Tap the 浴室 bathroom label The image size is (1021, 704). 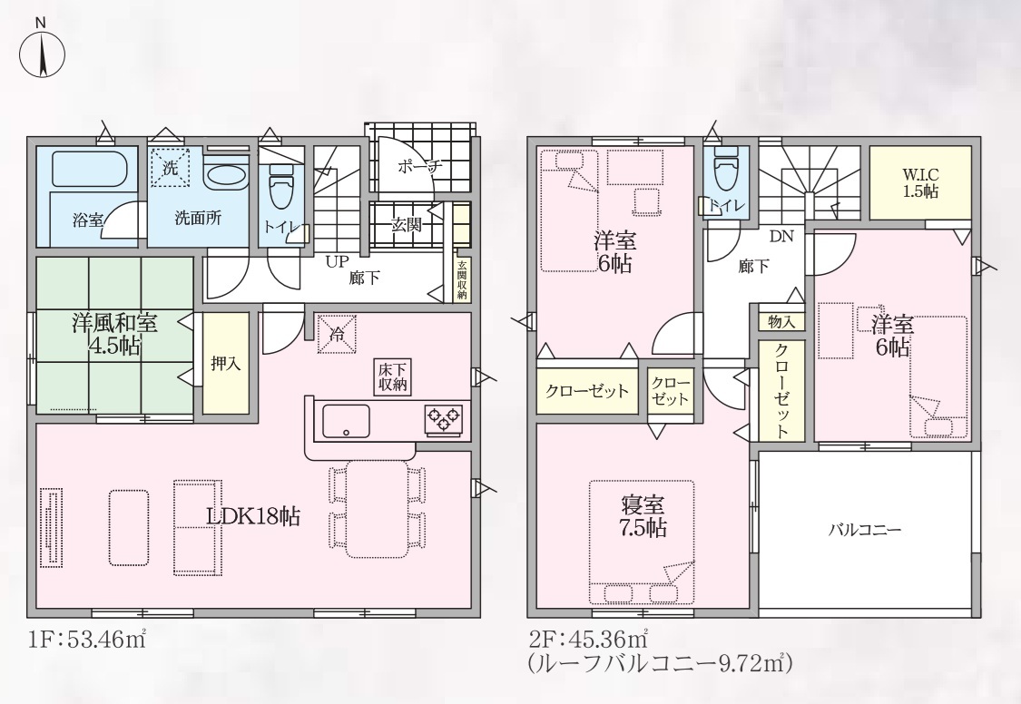click(x=88, y=220)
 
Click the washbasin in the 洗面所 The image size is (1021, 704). click(x=225, y=174)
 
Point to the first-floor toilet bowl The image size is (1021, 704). click(x=281, y=185)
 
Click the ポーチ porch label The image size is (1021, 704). click(x=419, y=167)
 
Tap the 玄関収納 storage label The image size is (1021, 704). click(x=462, y=280)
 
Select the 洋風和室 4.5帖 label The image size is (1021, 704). click(x=114, y=335)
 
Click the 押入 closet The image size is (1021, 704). click(x=225, y=364)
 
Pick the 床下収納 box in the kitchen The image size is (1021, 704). click(x=393, y=376)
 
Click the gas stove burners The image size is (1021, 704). click(x=444, y=418)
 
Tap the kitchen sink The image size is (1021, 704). click(x=345, y=421)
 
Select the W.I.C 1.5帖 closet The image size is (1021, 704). click(x=920, y=183)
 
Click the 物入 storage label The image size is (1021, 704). click(x=780, y=321)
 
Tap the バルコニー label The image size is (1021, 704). click(x=865, y=530)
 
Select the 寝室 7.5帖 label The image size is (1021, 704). click(x=643, y=516)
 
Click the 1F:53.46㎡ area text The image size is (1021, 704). click(x=86, y=640)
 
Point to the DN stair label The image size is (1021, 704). click(x=782, y=237)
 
